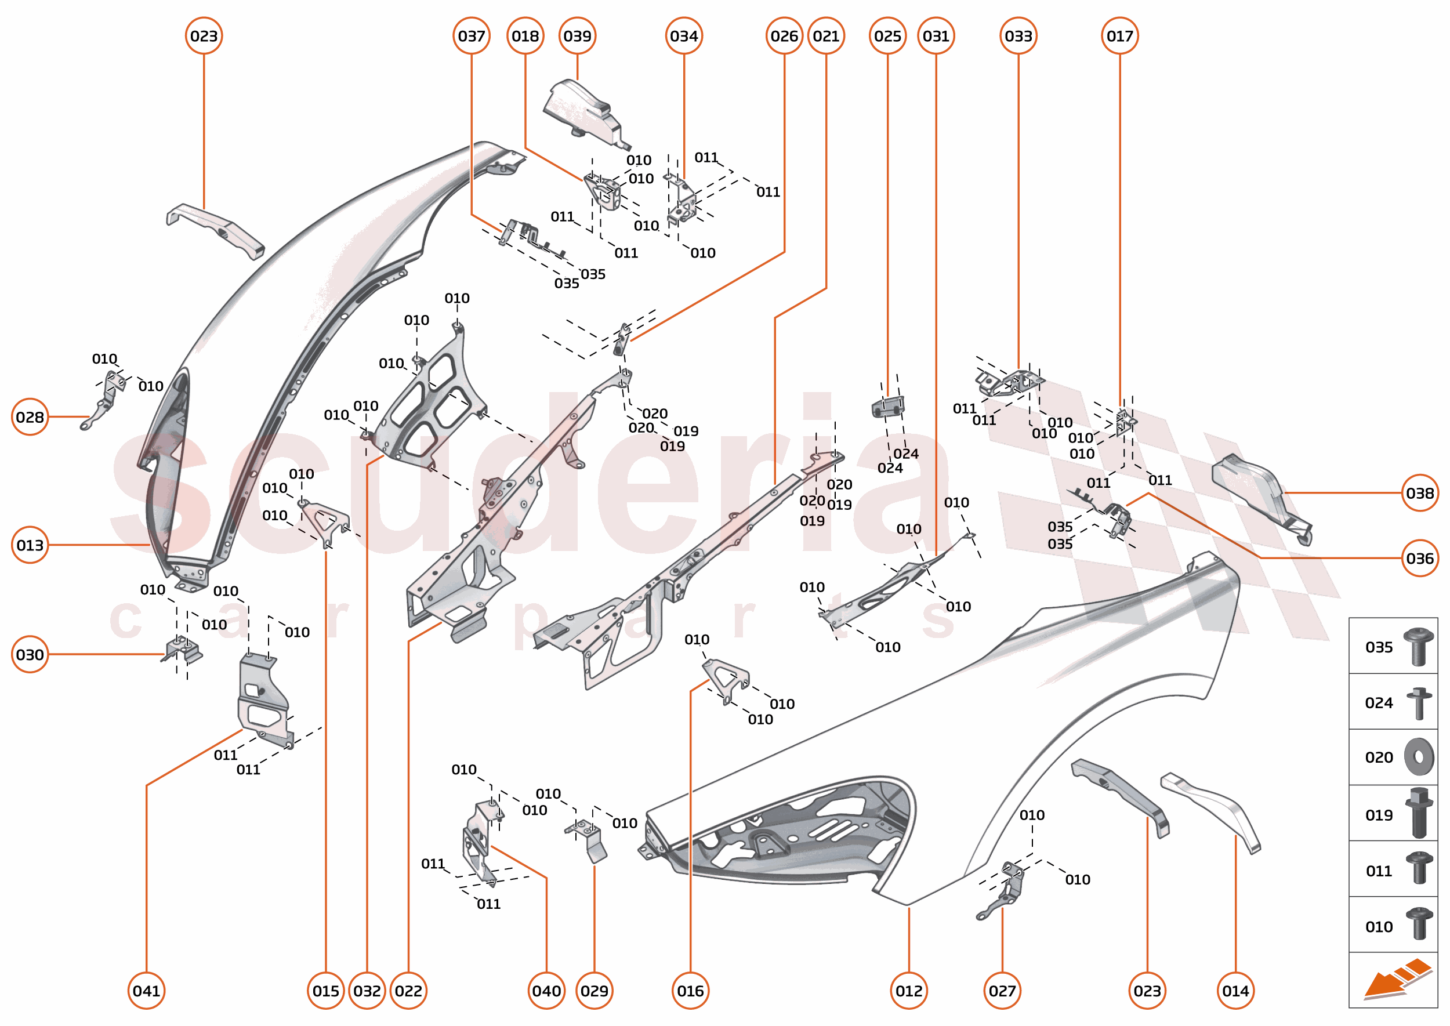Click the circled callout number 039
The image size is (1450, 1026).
coord(577,36)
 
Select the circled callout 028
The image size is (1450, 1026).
coord(30,417)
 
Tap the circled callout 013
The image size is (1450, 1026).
coord(30,545)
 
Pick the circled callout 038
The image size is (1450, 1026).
coord(1420,493)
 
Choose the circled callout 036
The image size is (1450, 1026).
coord(1420,559)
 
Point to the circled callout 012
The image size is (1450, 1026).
coord(908,991)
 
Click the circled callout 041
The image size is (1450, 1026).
coord(146,991)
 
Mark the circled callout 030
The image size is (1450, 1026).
coord(30,654)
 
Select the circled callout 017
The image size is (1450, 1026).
coord(1119,36)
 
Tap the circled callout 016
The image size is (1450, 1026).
coord(690,991)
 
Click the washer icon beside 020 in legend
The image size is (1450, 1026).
coord(1419,757)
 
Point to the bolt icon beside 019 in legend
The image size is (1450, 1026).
coord(1419,814)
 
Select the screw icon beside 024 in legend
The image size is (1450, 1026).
coord(1419,702)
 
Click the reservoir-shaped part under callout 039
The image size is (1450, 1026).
coord(585,114)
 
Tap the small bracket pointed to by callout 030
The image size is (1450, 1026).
coord(184,650)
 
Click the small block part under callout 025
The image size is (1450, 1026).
coord(888,408)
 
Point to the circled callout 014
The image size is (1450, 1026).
coord(1235,991)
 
